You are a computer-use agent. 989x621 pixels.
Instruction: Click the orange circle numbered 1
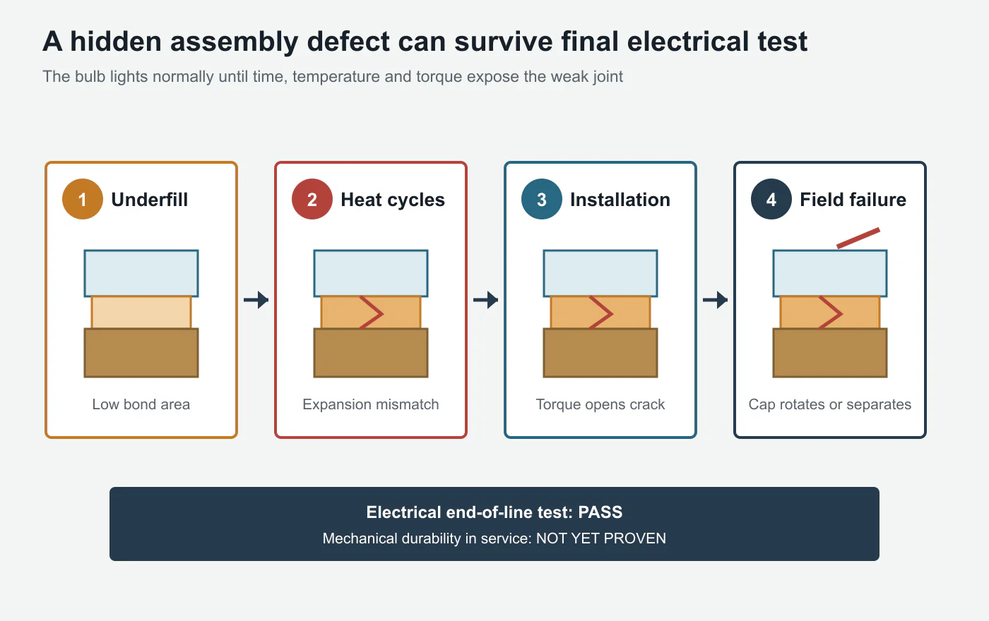click(x=83, y=199)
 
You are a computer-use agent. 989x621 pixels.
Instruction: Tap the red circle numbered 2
click(x=312, y=199)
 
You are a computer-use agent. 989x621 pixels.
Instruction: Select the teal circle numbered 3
click(x=542, y=199)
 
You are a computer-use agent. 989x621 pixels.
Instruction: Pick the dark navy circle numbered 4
click(x=771, y=199)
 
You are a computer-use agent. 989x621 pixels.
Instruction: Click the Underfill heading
click(x=150, y=200)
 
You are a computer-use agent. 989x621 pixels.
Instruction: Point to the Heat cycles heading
click(x=393, y=200)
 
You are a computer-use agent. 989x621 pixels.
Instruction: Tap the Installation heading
click(x=620, y=200)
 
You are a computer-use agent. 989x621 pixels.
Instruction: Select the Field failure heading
click(x=853, y=200)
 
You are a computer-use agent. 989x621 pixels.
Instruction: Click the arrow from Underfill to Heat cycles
click(x=256, y=300)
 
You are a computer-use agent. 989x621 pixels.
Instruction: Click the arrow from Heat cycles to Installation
click(x=486, y=300)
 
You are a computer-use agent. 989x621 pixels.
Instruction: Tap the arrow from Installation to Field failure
click(x=715, y=300)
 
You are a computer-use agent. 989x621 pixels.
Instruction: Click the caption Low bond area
click(x=141, y=404)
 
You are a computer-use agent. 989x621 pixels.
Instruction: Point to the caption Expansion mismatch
click(x=371, y=404)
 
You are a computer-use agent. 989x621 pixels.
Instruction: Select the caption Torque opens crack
click(x=600, y=404)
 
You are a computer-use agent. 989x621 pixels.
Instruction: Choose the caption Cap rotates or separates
click(x=830, y=404)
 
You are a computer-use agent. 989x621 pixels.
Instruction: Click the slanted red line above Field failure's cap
click(x=858, y=238)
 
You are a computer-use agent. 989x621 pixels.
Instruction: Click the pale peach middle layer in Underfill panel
click(x=141, y=312)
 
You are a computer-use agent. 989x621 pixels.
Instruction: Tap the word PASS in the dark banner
click(x=600, y=512)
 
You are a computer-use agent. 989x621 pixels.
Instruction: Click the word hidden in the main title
click(x=116, y=42)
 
